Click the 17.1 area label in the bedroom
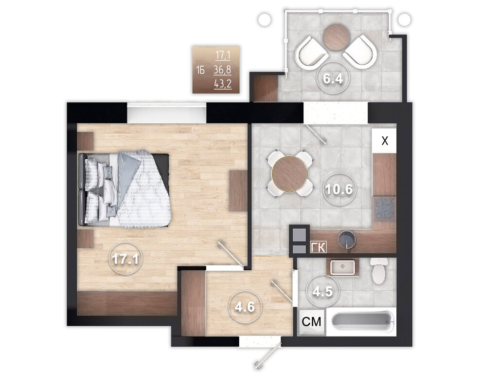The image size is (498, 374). pos(125,259)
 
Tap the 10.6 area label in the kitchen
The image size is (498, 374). pos(339,189)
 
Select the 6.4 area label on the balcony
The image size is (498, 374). pos(333,78)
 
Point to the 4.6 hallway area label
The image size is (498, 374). pos(245,307)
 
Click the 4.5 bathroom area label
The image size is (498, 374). pos(322,291)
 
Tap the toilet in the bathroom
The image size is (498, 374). pos(379,270)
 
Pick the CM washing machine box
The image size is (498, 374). pos(312,322)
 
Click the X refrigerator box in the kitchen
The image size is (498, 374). pos(384,141)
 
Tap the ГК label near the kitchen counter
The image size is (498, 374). pos(318,247)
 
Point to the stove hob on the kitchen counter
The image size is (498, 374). pos(385,209)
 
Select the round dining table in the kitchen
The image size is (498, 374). pos(289,174)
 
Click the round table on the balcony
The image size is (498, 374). pos(337,37)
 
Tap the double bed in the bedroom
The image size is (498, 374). pos(125,189)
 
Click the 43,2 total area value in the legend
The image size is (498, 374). pos(223,84)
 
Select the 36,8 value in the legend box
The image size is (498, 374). pos(222,70)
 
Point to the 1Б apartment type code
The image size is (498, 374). pos(200,70)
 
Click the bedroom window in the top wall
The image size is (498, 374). pos(166,113)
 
